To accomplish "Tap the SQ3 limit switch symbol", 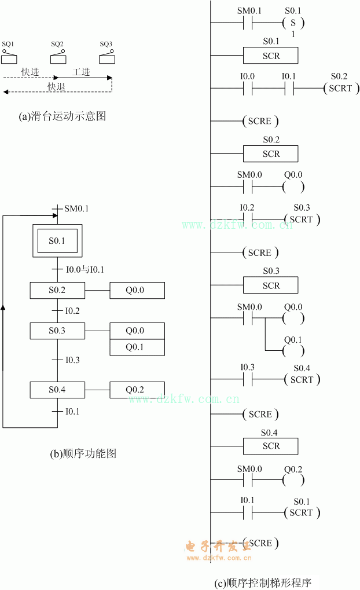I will pos(106,56).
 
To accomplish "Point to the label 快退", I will pos(57,87).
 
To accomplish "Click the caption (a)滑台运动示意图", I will pos(63,116).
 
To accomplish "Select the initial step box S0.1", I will pos(57,240).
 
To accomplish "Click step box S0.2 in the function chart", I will pos(57,290).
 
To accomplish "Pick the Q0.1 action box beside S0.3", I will pos(137,347).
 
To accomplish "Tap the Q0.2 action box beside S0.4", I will pos(137,390).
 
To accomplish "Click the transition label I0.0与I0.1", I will pos(85,269).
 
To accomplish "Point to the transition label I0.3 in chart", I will pos(72,360).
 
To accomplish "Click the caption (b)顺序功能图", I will pos(83,454).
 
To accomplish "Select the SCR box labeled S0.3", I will pos(270,285).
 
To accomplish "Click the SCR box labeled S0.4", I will pos(270,446).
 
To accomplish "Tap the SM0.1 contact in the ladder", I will pos(249,24).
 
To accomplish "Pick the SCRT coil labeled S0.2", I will pos(340,89).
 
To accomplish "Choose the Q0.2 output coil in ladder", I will pos(293,480).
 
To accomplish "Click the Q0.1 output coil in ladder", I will pos(293,350).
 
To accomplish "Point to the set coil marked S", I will pos(293,24).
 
